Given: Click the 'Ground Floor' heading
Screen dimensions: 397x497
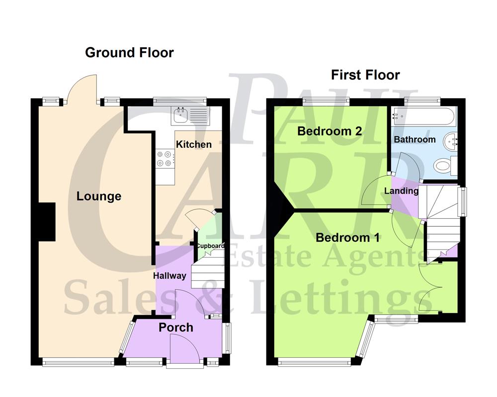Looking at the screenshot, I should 129,53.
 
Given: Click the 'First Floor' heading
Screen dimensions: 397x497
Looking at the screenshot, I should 365,75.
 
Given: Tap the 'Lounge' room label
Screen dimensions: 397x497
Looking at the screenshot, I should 99,197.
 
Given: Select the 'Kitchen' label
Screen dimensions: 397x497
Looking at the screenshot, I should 193,144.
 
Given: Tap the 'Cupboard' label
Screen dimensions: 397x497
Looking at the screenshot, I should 210,246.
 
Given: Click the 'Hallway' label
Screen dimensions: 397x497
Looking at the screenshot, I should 169,276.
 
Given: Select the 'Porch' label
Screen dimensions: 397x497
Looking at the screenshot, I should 176,328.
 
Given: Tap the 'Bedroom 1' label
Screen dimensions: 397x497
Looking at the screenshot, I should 347,238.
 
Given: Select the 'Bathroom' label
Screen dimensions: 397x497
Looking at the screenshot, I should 414,140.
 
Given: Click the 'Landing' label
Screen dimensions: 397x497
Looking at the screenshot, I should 402,191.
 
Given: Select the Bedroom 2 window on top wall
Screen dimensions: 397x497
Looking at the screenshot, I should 326,101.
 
